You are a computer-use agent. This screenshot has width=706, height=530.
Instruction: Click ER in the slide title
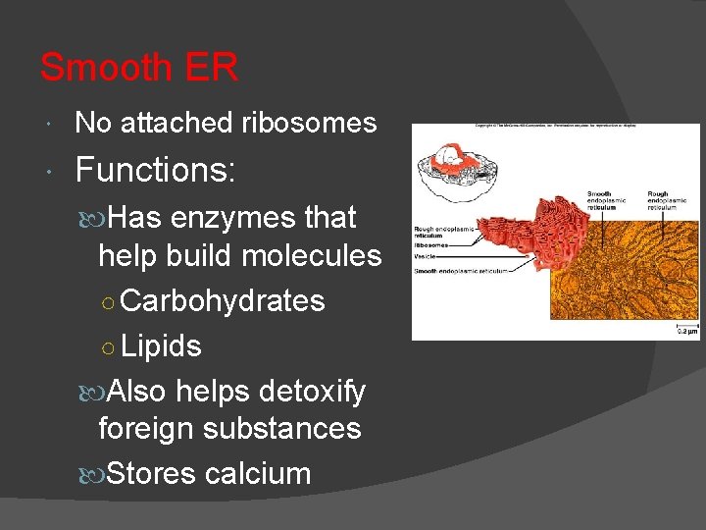click(x=209, y=68)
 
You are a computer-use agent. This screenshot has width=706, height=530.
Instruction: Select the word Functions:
click(x=155, y=170)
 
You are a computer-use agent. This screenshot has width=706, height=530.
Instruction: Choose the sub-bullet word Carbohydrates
click(x=224, y=300)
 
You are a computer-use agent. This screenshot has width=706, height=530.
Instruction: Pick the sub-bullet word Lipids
click(x=162, y=345)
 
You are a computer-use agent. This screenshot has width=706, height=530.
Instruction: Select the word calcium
click(x=258, y=473)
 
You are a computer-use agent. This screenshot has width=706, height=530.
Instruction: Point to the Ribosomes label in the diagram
click(x=432, y=245)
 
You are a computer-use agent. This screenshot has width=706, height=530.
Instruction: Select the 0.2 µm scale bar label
click(x=685, y=332)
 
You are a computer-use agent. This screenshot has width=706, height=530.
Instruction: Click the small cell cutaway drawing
click(x=453, y=169)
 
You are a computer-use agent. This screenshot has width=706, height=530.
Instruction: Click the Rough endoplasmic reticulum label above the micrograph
click(x=672, y=200)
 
